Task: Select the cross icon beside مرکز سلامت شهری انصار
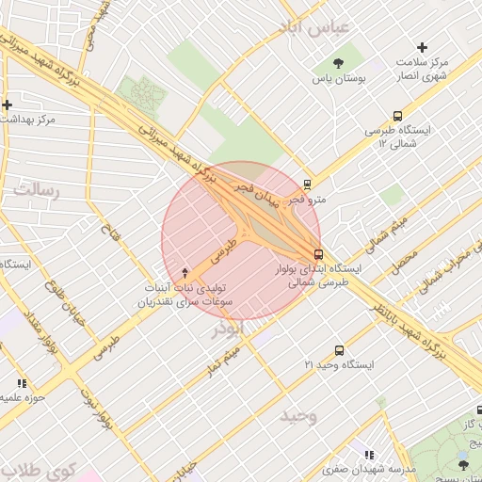coord(423,47)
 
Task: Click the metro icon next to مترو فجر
coord(307,185)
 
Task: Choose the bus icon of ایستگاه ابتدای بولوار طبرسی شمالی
coord(318,253)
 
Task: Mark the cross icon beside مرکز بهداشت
coord(7,104)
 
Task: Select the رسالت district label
coord(35,191)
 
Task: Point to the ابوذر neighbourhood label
coord(228,329)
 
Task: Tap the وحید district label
coord(297,415)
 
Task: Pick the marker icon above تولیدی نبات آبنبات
coord(185,271)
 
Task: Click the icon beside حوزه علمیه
coord(22,383)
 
